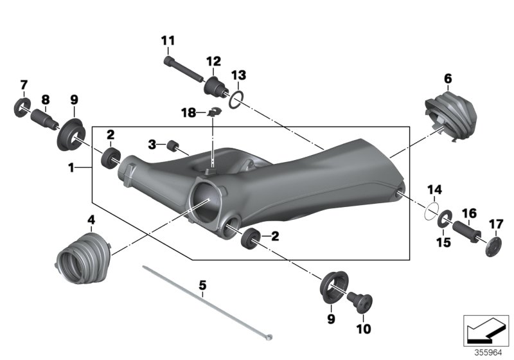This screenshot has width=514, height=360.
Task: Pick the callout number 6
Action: point(448,78)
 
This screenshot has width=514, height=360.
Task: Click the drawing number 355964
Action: point(488,352)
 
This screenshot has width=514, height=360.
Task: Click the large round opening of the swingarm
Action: point(207,196)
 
